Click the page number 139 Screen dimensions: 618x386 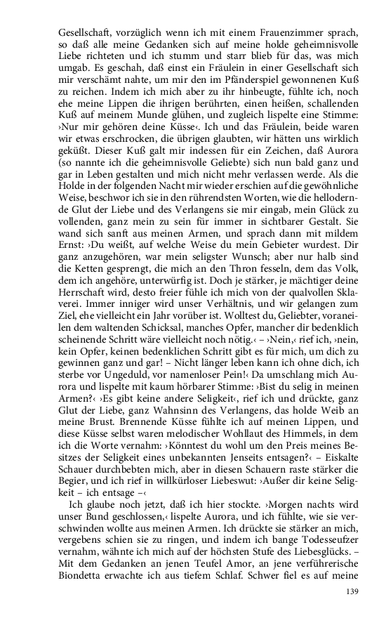tap(352, 592)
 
